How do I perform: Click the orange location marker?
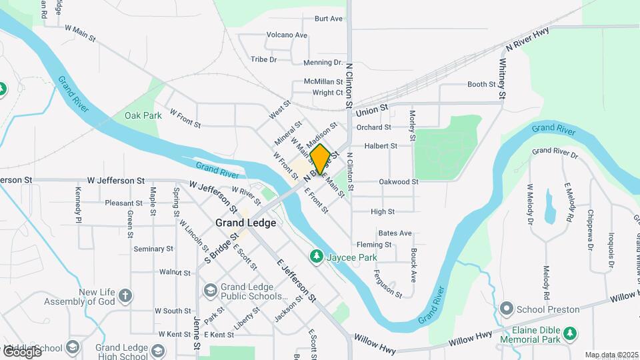tap(320, 159)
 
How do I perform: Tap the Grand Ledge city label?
tap(245, 223)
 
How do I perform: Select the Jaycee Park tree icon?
tap(317, 257)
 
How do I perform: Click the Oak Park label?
tap(143, 115)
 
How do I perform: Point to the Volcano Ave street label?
tap(287, 35)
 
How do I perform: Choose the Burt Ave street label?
tap(328, 19)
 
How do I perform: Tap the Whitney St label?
tap(501, 79)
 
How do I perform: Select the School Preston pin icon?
tap(506, 309)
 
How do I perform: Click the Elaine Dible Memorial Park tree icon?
tap(569, 333)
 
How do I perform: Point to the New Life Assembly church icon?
tap(125, 294)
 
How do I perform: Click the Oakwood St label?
tap(398, 181)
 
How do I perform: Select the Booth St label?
tap(481, 84)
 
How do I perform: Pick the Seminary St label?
tap(153, 249)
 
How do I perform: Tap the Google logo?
tap(21, 351)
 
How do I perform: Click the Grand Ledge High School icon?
tap(158, 349)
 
